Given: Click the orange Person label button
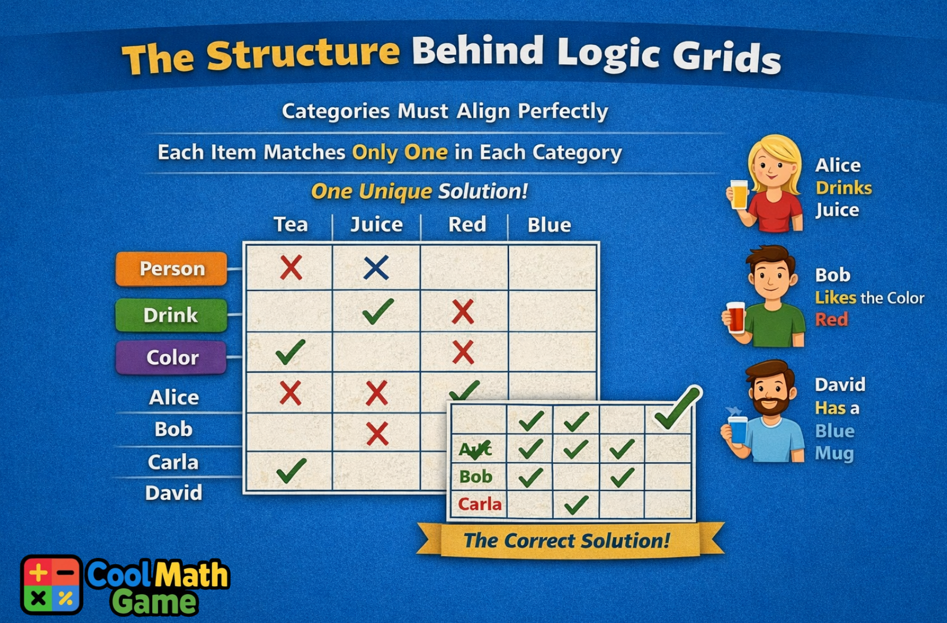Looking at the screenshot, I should pyautogui.click(x=171, y=269).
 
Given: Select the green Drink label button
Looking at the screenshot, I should pyautogui.click(x=171, y=315).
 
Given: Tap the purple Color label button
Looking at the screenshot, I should pyautogui.click(x=171, y=358).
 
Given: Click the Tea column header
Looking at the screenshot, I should pyautogui.click(x=290, y=224).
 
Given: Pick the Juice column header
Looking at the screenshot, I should pyautogui.click(x=377, y=224).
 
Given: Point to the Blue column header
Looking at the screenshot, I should pyautogui.click(x=549, y=225).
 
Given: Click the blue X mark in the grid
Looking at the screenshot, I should pyautogui.click(x=376, y=268).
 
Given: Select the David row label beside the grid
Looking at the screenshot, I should pyautogui.click(x=174, y=493).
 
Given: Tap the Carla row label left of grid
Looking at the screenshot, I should pyautogui.click(x=173, y=463).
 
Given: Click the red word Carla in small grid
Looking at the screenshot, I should pyautogui.click(x=480, y=504).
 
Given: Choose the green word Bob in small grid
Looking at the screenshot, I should pyautogui.click(x=476, y=476).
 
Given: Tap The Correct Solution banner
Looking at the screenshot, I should pyautogui.click(x=567, y=541).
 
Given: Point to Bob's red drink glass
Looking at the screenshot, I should pyautogui.click(x=736, y=317).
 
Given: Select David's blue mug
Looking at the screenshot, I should pyautogui.click(x=737, y=430).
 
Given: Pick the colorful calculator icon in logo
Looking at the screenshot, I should pyautogui.click(x=51, y=585).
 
